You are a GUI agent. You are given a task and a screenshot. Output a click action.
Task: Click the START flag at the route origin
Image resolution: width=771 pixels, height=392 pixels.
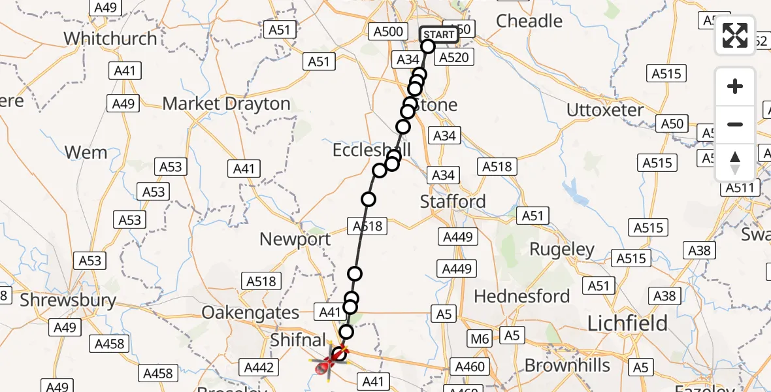438,35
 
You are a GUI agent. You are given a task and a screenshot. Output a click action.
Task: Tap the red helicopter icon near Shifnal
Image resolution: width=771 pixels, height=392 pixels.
325,367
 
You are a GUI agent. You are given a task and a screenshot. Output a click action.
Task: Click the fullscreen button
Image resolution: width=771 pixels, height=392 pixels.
735,35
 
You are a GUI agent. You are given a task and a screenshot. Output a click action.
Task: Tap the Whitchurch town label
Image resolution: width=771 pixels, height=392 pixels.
110,39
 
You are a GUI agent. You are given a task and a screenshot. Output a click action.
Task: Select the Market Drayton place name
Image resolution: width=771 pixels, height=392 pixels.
226,104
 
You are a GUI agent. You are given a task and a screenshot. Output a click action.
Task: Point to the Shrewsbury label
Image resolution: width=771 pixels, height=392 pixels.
68,301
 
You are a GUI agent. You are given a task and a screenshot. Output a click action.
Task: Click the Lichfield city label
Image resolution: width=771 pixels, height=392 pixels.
627,323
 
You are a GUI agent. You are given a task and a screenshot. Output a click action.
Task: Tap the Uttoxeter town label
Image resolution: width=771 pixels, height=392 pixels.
605,110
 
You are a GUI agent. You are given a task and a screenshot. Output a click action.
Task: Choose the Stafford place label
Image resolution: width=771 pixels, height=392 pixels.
453,201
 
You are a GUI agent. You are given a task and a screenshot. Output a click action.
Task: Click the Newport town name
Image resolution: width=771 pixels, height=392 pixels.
295,239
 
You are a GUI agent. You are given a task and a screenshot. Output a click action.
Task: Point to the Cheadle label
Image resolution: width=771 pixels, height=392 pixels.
529,21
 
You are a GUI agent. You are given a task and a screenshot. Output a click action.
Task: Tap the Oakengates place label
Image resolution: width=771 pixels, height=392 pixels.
250,312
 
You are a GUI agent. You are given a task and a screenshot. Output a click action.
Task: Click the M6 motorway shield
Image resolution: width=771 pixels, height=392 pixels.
480,338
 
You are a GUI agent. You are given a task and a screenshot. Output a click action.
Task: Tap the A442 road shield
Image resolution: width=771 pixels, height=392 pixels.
258,368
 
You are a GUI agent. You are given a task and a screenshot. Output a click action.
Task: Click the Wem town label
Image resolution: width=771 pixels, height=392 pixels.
86,153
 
